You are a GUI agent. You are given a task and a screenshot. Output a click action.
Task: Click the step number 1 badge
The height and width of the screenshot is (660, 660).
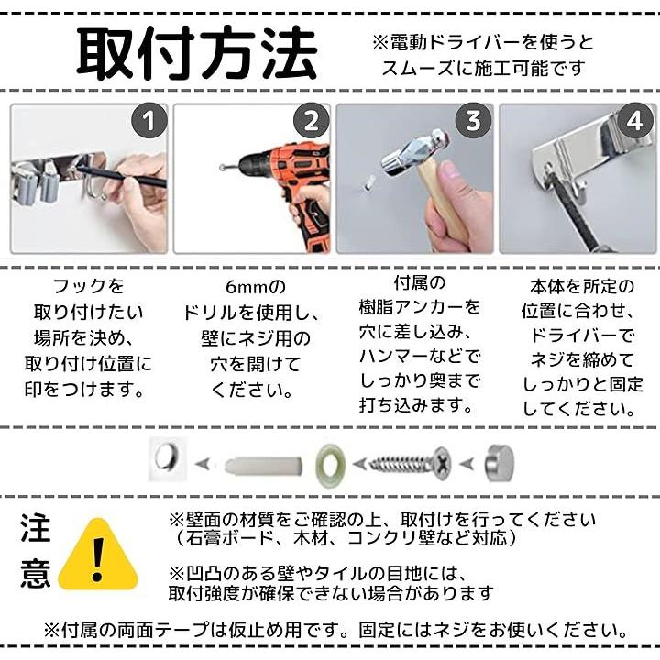[149, 121]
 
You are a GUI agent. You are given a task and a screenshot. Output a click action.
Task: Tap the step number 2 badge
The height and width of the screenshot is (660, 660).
[312, 121]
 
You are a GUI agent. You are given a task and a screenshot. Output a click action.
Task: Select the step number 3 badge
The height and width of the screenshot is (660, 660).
[474, 121]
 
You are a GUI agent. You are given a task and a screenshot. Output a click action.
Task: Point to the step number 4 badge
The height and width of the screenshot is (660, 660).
[635, 121]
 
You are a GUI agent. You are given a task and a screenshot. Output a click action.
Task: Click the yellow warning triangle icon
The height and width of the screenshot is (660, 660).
[98, 555]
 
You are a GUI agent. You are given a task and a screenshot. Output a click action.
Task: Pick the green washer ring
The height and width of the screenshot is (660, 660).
[330, 465]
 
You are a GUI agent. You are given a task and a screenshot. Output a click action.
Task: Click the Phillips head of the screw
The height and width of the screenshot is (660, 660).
[442, 464]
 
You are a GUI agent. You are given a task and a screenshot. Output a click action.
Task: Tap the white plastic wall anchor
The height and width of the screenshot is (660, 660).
[263, 466]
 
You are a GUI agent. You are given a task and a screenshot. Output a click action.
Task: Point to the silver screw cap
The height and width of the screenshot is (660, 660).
[500, 464]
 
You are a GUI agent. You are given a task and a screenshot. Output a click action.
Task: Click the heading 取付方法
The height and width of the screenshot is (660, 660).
[196, 53]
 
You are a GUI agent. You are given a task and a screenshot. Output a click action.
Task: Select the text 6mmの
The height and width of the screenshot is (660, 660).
[256, 287]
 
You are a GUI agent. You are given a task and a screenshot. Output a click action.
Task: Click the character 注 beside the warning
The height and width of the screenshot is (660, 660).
[36, 528]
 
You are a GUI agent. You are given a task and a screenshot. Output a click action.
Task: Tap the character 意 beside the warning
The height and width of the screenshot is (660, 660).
[36, 573]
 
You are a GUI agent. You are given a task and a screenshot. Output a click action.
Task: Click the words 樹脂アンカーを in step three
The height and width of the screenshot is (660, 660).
[419, 307]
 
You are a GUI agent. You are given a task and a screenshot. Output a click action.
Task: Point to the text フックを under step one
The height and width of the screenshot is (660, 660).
[88, 286]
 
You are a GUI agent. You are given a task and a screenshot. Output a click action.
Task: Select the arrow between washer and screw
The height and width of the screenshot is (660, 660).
[359, 464]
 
